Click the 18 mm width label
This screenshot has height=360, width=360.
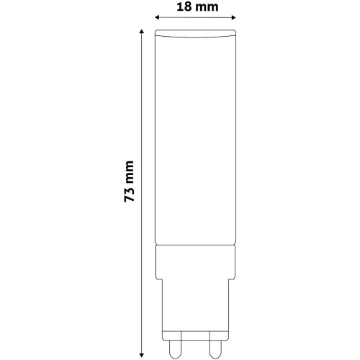[x=197, y=6]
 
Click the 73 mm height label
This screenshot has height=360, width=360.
[x=129, y=181]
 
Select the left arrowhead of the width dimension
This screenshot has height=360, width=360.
[x=158, y=17]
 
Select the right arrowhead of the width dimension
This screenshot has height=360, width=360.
[x=233, y=17]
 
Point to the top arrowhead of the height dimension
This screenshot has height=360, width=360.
[x=142, y=32]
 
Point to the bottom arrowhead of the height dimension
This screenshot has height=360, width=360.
[x=142, y=355]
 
